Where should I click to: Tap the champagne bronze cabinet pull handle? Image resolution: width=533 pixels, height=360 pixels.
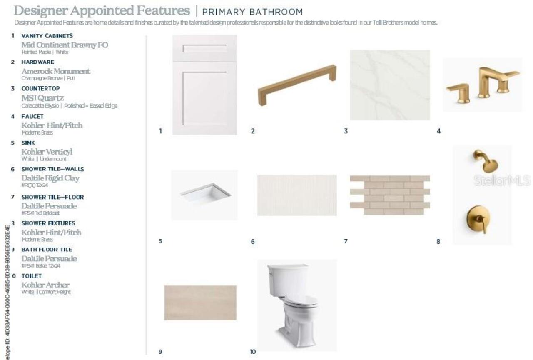297,85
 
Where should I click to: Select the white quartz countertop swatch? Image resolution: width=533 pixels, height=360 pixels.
390,85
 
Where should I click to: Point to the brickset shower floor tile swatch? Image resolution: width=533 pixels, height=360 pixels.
390,195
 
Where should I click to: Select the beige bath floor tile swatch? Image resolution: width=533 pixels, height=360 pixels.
200,302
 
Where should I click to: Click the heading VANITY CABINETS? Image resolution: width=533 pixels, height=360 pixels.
47,36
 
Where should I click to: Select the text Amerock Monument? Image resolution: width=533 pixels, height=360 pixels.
56,71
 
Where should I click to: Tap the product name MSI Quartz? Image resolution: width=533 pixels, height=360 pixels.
42,98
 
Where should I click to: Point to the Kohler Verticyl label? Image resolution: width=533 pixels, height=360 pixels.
47,152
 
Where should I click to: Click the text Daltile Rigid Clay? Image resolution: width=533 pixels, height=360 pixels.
50,178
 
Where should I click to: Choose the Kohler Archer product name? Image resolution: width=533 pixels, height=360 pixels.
45,285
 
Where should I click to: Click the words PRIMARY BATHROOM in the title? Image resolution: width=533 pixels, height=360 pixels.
252,12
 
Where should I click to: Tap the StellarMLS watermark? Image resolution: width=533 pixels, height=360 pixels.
502,180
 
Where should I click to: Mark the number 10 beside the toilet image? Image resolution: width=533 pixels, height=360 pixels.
253,352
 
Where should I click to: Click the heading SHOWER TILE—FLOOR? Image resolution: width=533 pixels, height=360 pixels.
52,197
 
